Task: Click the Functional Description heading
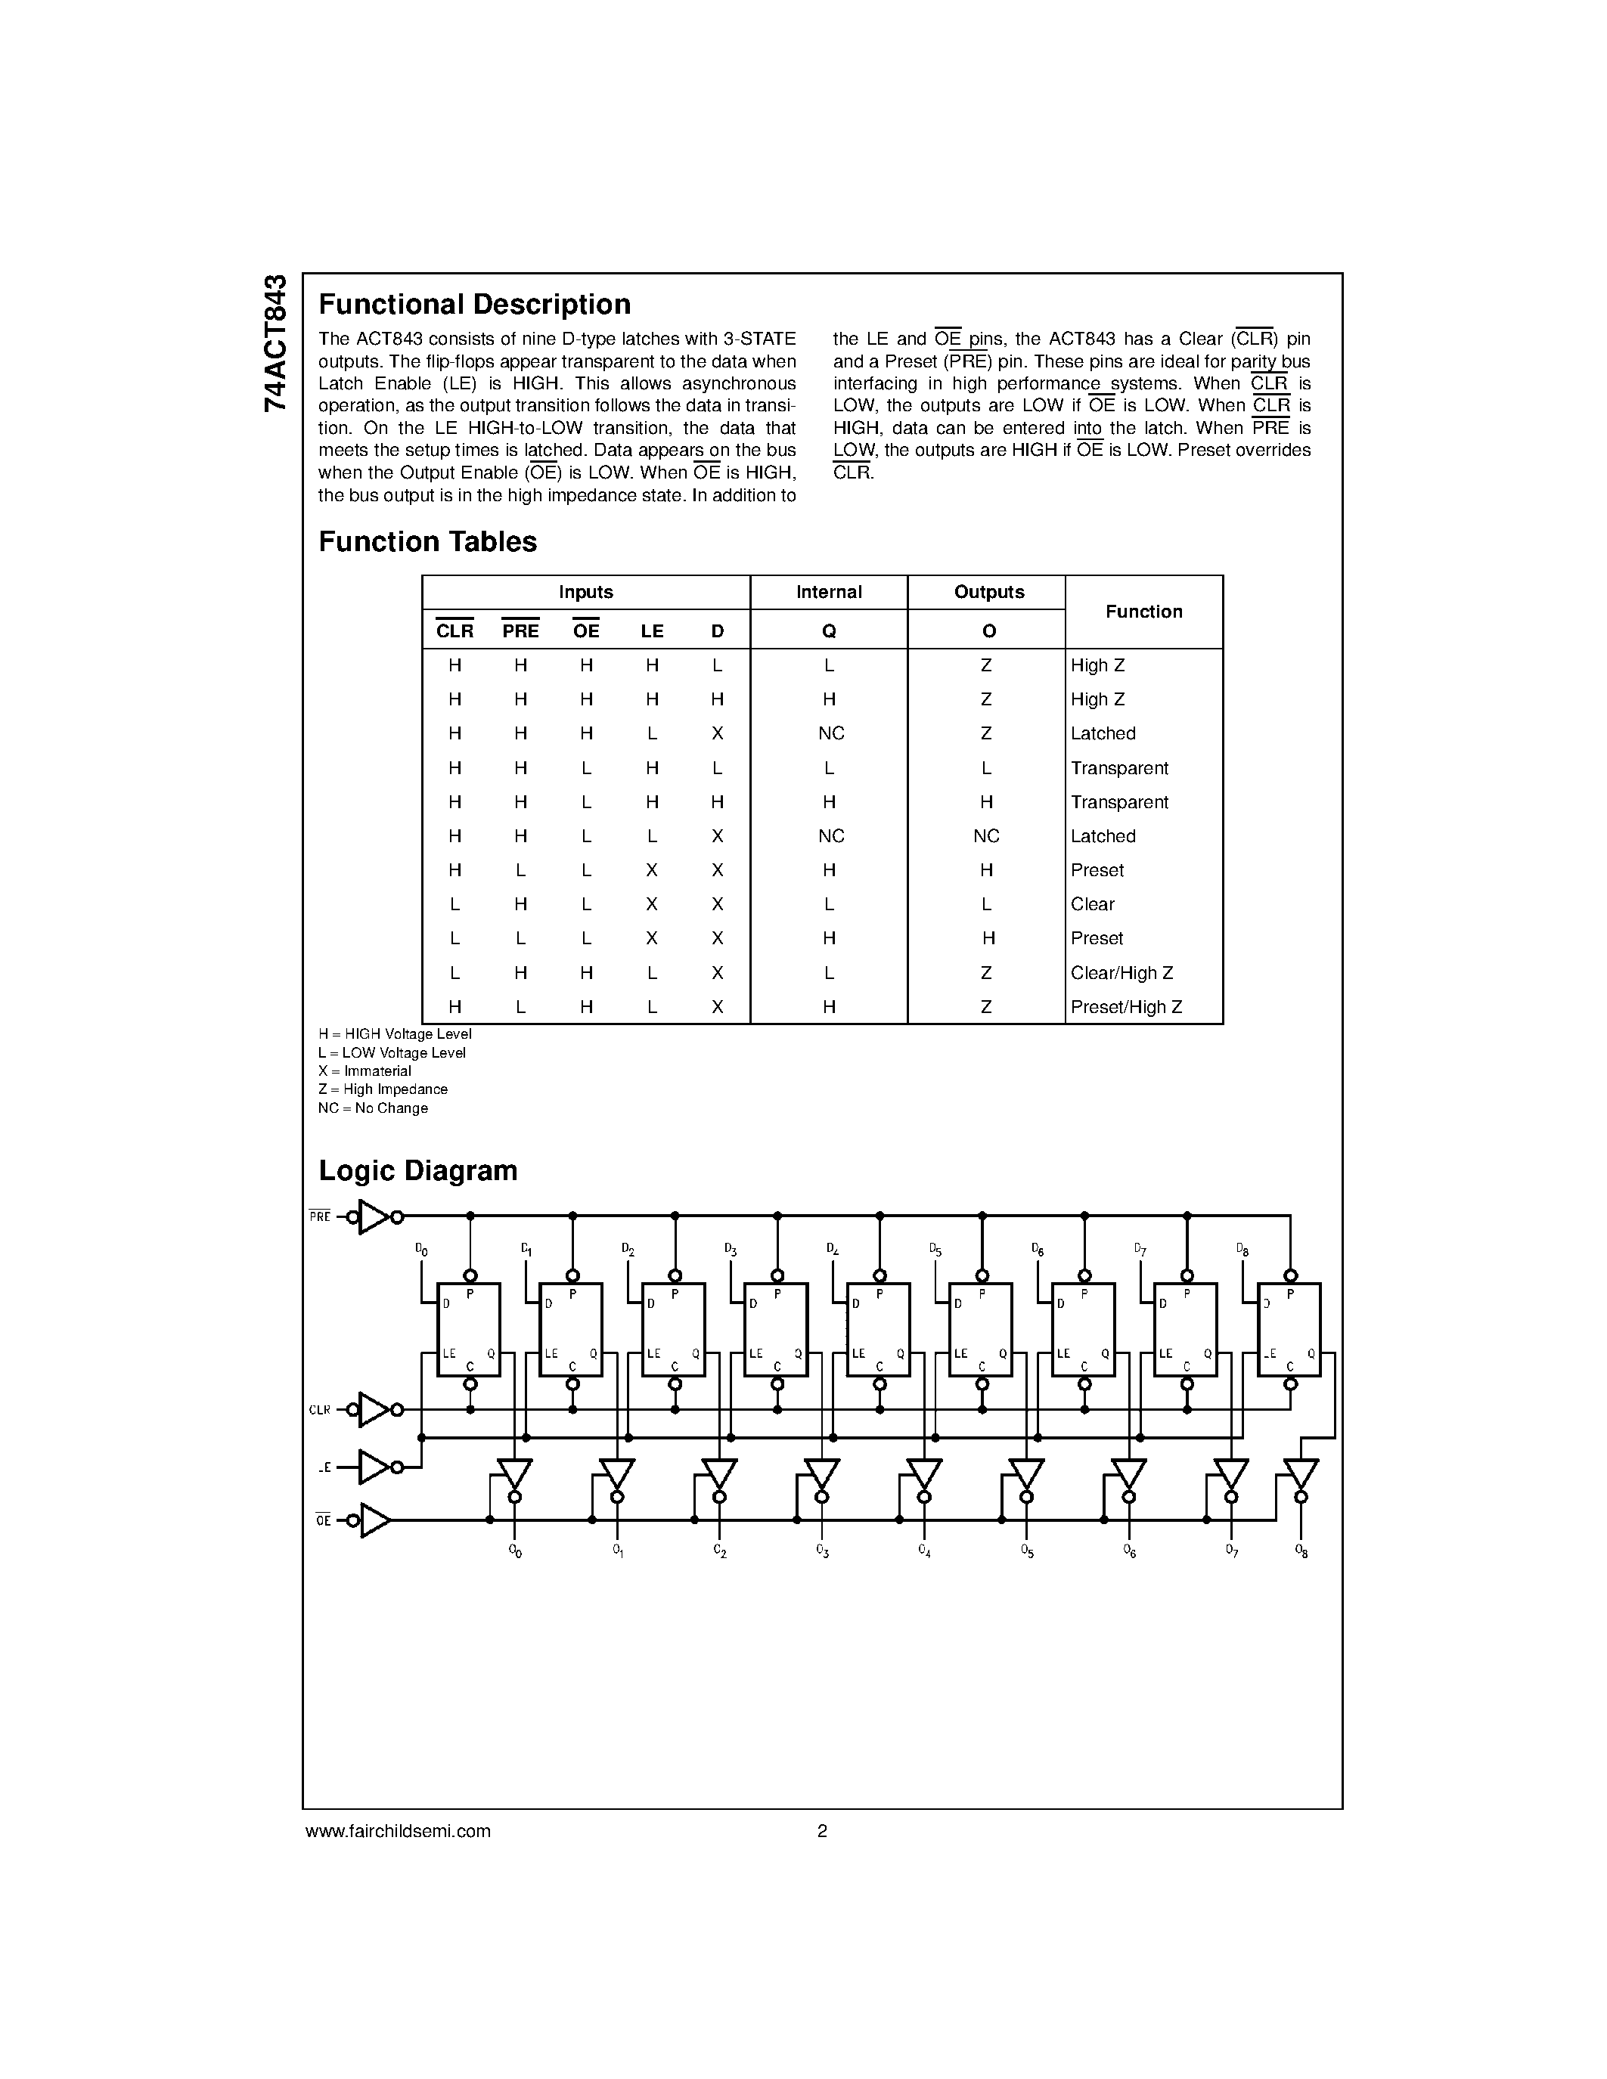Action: click(474, 305)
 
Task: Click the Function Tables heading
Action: click(427, 541)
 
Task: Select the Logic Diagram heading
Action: click(418, 1170)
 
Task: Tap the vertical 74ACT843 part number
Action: click(275, 342)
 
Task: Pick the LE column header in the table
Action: click(651, 631)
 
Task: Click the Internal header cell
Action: click(828, 592)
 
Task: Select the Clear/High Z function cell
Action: click(1121, 973)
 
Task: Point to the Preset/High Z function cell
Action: click(1125, 1007)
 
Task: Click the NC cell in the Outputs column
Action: click(985, 836)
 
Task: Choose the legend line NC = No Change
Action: click(372, 1108)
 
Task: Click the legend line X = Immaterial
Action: click(365, 1071)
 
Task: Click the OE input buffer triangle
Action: click(375, 1520)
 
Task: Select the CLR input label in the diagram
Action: click(319, 1410)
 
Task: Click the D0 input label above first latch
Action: click(422, 1250)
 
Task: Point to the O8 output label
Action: click(1301, 1551)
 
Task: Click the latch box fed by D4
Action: click(878, 1329)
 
